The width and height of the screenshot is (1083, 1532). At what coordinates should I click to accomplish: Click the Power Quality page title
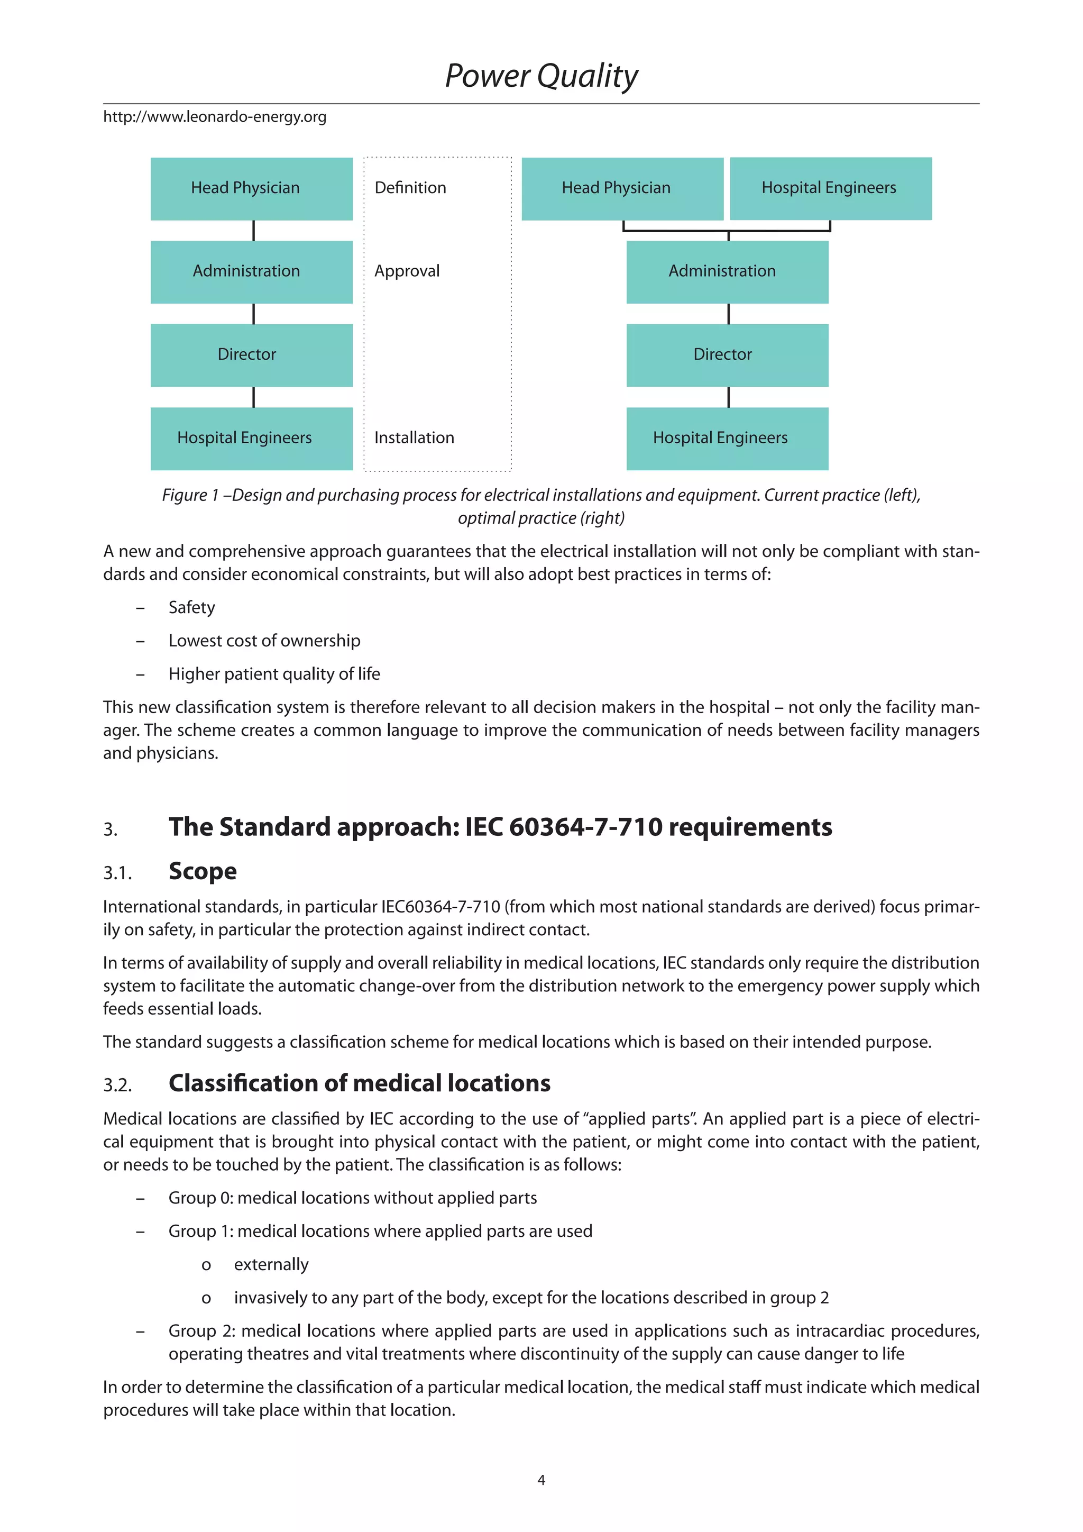click(x=541, y=76)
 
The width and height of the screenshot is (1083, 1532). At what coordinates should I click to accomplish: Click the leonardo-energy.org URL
click(x=215, y=117)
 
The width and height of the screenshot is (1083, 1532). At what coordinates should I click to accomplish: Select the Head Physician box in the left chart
click(x=251, y=188)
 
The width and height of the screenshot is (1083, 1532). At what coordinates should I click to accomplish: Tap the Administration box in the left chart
click(x=251, y=271)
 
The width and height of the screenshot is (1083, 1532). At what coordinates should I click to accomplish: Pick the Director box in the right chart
click(x=727, y=355)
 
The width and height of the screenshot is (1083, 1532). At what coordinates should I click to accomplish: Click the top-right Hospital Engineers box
click(x=830, y=188)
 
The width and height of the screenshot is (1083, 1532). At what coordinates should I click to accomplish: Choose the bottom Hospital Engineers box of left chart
click(x=251, y=439)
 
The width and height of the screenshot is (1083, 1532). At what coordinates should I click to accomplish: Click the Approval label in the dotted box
click(x=407, y=271)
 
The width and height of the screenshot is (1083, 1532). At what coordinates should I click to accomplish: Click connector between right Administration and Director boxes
click(x=728, y=314)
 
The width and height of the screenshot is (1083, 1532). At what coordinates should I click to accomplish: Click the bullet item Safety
click(x=191, y=608)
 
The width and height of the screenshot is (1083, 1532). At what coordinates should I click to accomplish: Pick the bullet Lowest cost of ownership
click(x=264, y=641)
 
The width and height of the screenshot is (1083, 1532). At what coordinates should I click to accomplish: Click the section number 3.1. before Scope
click(x=117, y=873)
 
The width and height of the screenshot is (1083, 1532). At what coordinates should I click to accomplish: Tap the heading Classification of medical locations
click(x=360, y=1083)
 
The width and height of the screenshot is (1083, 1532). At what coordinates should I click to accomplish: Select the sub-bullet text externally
click(x=271, y=1265)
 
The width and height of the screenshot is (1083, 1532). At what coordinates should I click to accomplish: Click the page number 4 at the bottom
click(x=541, y=1480)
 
